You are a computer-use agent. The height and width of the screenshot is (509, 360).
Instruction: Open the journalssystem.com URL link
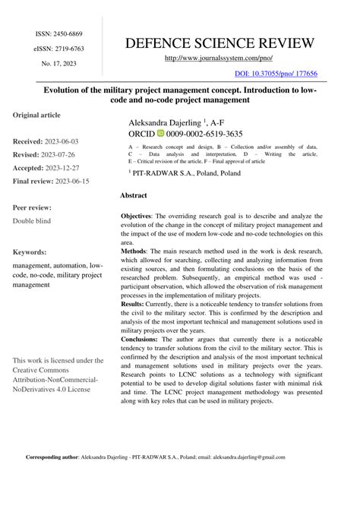point(217,58)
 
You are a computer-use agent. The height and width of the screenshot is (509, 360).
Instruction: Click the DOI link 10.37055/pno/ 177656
point(276,74)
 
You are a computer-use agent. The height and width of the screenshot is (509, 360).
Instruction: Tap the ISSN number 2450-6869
point(67,34)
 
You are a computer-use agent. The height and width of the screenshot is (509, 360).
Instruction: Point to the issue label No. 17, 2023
point(58,63)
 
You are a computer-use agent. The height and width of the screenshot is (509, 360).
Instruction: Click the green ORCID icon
point(160,133)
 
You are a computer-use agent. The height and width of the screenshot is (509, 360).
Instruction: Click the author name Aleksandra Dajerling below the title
point(164,121)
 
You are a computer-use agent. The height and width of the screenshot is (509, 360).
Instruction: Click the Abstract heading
point(133,196)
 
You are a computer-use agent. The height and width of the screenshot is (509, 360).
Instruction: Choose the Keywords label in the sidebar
point(33,250)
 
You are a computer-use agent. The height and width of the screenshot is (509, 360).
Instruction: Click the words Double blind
point(34,221)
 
